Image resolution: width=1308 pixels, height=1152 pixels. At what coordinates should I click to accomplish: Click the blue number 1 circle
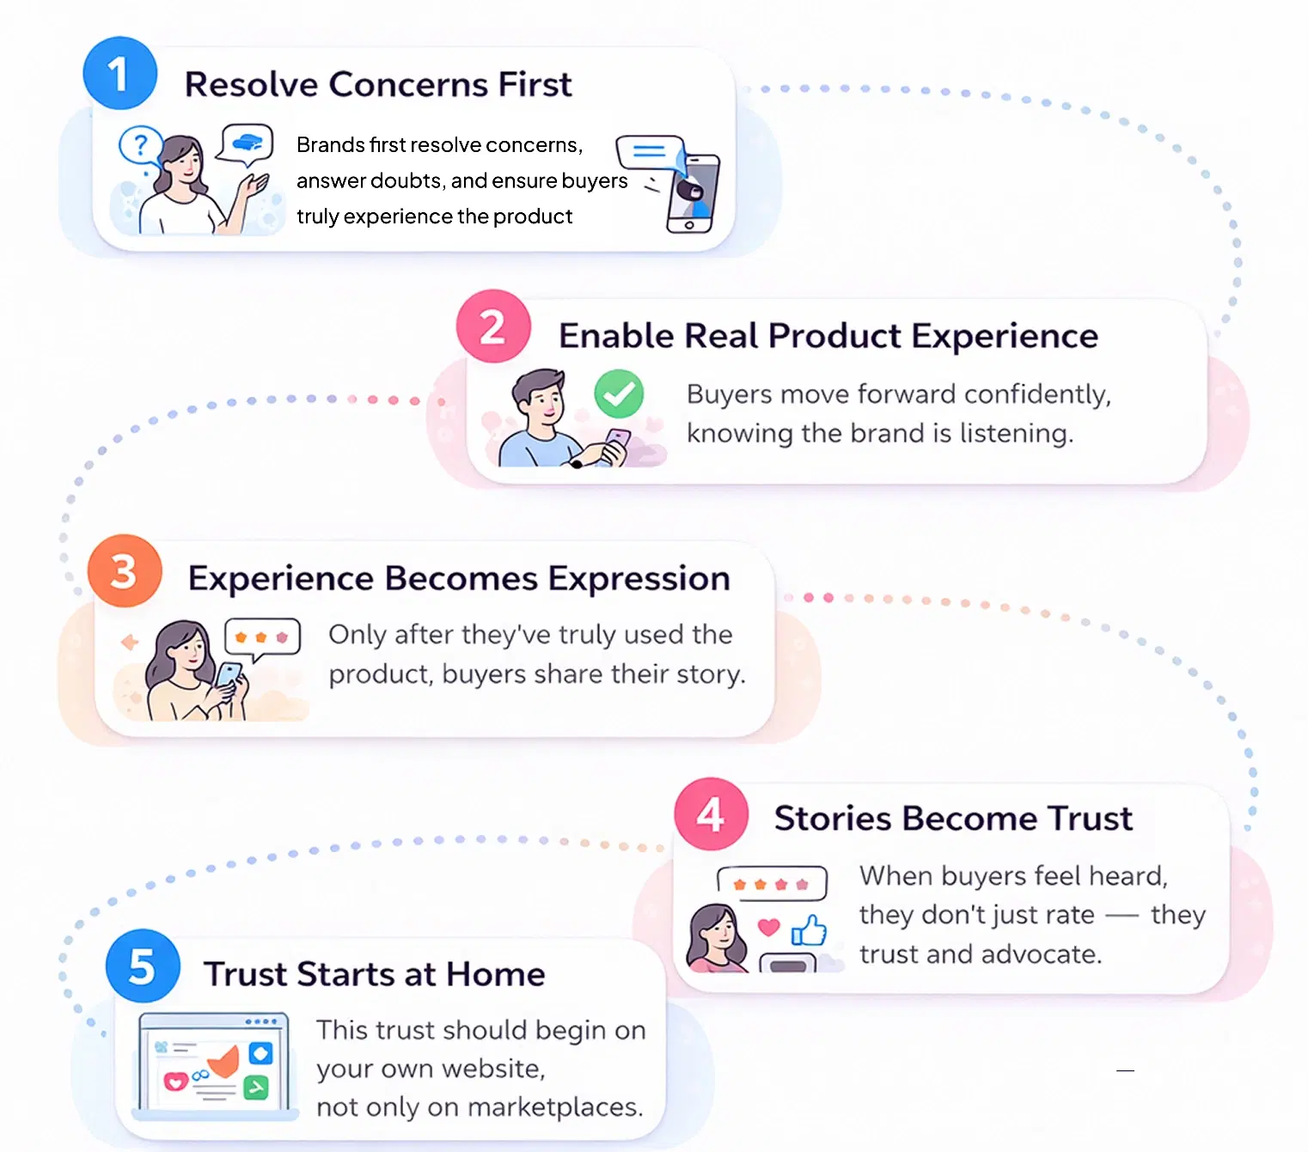coord(119,73)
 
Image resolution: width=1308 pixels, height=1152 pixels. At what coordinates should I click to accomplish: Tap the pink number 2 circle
coord(493,326)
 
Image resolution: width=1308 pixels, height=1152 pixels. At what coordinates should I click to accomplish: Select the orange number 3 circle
coord(125,571)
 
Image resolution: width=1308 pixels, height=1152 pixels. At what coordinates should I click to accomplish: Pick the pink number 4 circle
coord(711,814)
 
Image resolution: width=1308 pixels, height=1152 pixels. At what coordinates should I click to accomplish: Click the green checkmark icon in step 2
coord(619,393)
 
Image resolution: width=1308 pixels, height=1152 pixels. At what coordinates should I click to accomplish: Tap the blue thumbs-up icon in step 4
coord(809,930)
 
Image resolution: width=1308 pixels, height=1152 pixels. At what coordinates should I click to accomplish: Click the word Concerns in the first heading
coord(408,84)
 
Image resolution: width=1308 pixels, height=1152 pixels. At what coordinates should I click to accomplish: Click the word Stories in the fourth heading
coord(832,818)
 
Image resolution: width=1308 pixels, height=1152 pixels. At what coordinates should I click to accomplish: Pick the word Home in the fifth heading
coord(495,974)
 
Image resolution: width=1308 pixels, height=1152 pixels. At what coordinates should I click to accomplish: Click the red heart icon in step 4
coord(768,927)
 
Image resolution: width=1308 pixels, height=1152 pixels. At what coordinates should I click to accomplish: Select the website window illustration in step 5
coord(215,1065)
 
